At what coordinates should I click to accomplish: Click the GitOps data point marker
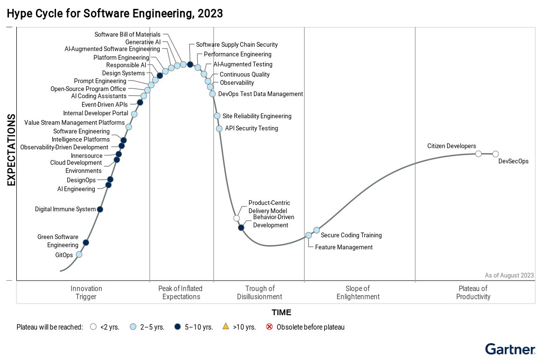point(79,254)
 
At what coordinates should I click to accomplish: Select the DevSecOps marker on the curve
point(496,154)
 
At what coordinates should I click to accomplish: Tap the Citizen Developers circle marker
point(478,154)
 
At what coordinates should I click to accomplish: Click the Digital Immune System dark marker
point(100,209)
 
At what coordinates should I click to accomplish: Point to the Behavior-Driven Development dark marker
point(241,227)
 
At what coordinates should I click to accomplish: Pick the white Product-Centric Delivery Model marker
point(237,218)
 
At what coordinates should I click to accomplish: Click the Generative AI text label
point(143,42)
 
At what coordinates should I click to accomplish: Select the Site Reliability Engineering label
point(257,116)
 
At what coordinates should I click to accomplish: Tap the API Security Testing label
point(251,128)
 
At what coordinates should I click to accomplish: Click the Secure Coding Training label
point(351,235)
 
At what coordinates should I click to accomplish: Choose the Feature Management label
point(344,247)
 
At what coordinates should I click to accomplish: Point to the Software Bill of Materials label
point(127,35)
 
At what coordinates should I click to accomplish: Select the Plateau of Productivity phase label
point(473,292)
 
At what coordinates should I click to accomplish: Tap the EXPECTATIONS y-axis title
point(12,149)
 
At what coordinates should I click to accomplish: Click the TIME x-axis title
point(281,312)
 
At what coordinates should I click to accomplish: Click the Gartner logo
point(510,349)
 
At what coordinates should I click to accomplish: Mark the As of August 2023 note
point(509,275)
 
